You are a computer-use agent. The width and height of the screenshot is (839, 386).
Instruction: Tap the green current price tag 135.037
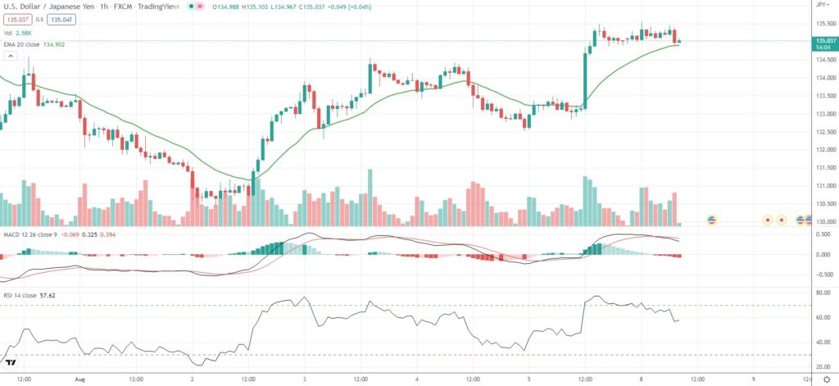pyautogui.click(x=824, y=40)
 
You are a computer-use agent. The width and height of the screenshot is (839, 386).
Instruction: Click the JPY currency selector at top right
pyautogui.click(x=822, y=5)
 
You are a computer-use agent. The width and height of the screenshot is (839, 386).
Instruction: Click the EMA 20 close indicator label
pyautogui.click(x=29, y=43)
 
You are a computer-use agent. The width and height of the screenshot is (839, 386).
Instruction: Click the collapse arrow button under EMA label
pyautogui.click(x=10, y=56)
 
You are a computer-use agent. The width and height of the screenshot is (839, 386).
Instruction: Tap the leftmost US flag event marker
pyautogui.click(x=711, y=220)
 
